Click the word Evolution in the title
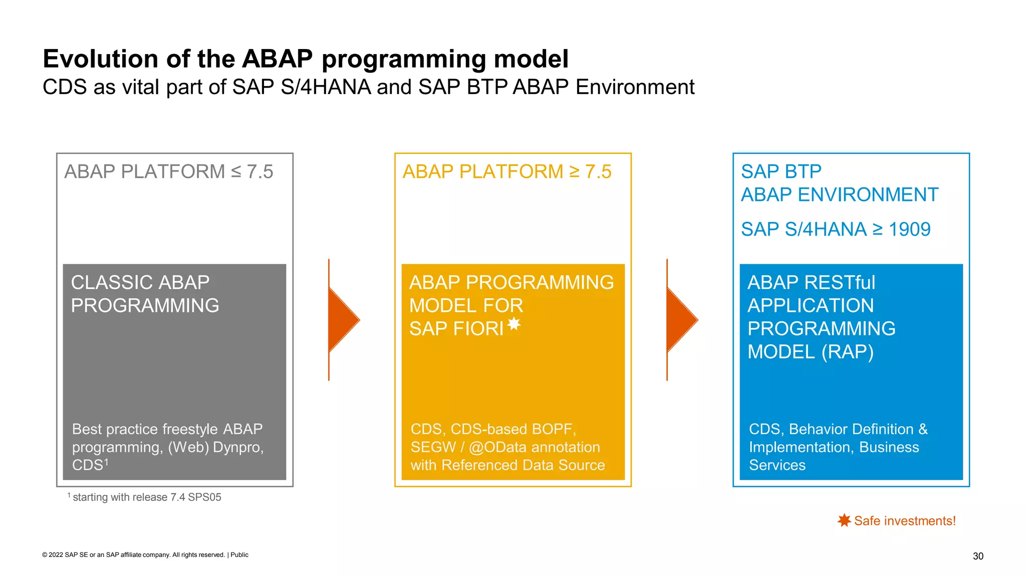point(101,59)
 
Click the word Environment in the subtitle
point(635,87)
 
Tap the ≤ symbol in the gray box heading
point(236,172)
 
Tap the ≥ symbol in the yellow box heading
point(574,172)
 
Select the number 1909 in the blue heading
point(909,229)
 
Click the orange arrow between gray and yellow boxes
point(344,320)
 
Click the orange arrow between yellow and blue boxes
point(682,320)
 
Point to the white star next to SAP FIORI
point(514,324)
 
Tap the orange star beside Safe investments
point(844,520)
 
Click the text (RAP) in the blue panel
point(847,352)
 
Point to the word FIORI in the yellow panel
point(478,329)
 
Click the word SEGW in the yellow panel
point(433,447)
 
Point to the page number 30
point(978,556)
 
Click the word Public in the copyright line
point(239,555)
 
